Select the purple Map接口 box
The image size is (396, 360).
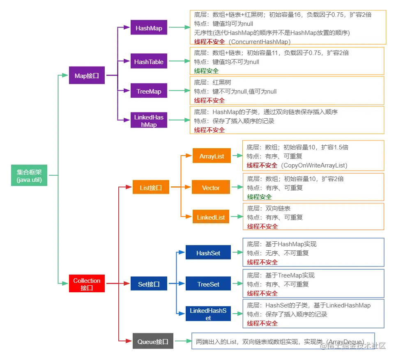[x=87, y=76]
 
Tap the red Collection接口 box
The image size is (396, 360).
[x=87, y=284]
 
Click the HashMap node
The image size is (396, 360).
[x=149, y=28]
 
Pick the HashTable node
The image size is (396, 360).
[x=149, y=62]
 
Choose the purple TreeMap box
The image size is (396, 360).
[x=149, y=92]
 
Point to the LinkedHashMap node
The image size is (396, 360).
[x=149, y=121]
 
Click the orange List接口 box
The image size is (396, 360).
[x=151, y=188]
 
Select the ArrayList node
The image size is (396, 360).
[x=212, y=156]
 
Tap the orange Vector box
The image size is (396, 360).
[x=211, y=188]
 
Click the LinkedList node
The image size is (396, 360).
[x=211, y=217]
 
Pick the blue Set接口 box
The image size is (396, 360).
[x=149, y=284]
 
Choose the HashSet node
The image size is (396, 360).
[x=208, y=253]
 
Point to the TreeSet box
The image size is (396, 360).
[x=208, y=284]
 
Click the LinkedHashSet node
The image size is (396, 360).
[x=208, y=314]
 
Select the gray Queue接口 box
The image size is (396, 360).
[x=153, y=342]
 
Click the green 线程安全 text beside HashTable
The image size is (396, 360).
[x=206, y=71]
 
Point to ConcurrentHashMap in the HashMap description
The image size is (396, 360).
[x=260, y=42]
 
